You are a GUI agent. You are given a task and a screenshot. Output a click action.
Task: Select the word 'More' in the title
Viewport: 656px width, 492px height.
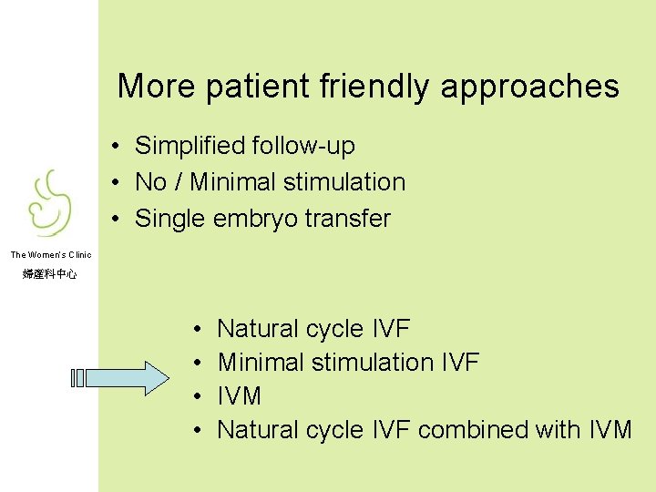(x=157, y=87)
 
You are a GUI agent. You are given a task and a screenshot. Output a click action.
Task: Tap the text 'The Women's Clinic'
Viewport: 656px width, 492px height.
(x=50, y=255)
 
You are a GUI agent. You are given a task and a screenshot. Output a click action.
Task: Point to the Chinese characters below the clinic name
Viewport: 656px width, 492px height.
(x=50, y=273)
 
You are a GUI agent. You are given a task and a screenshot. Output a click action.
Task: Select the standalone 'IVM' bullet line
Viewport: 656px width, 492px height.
(x=240, y=396)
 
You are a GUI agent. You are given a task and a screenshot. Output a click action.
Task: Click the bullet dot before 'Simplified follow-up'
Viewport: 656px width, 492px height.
(x=117, y=147)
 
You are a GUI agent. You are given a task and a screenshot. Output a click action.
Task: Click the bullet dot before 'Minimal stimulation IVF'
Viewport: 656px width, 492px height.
(x=198, y=363)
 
